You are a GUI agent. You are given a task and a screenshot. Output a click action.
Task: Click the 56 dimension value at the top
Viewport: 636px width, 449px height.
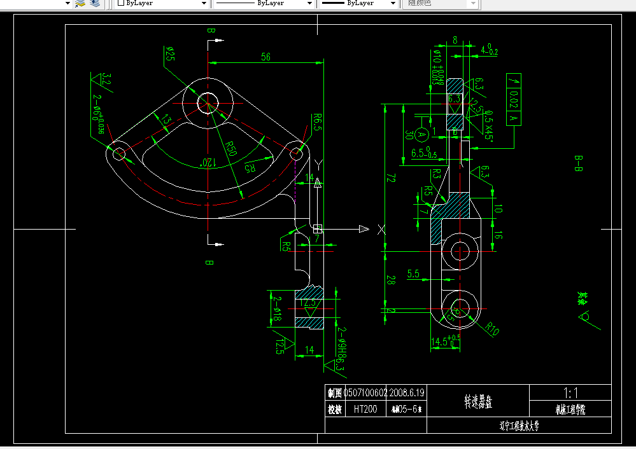click(265, 57)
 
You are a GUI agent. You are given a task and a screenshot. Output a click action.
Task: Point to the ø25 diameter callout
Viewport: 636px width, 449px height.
click(170, 54)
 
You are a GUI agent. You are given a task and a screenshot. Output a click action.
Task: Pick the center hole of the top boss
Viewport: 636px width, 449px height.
click(207, 102)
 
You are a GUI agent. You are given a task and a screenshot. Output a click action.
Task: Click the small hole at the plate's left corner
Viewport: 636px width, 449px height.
click(119, 153)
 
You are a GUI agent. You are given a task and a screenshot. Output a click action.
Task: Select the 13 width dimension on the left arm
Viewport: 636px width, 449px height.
click(165, 120)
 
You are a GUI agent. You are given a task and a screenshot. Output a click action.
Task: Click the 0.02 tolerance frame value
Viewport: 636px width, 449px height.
click(514, 99)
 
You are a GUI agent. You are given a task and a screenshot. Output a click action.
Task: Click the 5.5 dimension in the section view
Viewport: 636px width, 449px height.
click(413, 274)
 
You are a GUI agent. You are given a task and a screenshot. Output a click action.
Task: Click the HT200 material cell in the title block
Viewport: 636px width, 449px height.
click(365, 410)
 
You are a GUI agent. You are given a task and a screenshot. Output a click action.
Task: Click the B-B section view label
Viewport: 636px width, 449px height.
click(579, 165)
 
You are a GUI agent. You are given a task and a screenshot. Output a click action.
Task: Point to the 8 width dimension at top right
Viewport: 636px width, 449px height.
click(455, 39)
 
